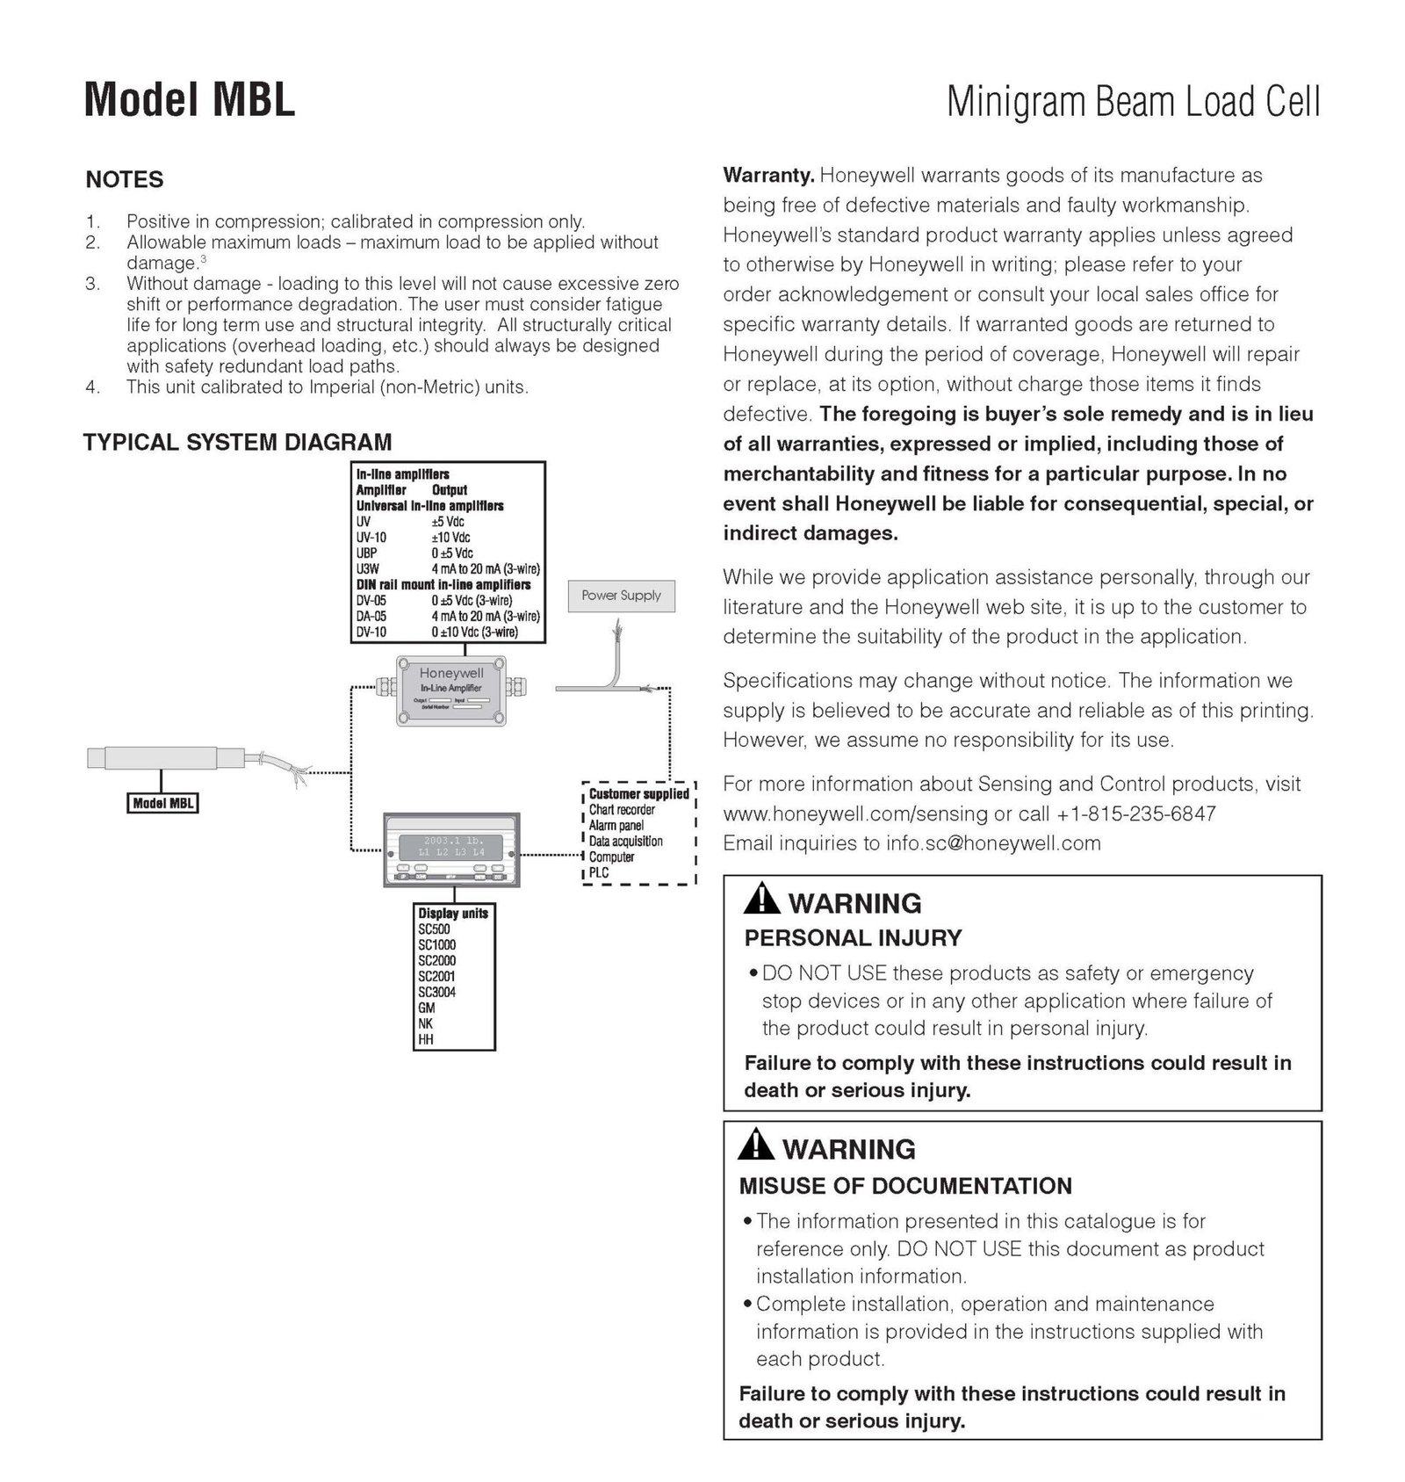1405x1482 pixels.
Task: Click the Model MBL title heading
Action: pos(190,99)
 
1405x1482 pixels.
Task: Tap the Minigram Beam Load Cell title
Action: pos(1133,102)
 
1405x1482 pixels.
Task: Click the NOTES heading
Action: pos(125,179)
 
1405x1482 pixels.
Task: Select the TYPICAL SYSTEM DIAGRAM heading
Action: pos(237,442)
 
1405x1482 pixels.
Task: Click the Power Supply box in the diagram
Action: pos(621,596)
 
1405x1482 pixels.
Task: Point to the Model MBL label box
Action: pos(162,803)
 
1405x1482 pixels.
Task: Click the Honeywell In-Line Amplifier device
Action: pos(451,690)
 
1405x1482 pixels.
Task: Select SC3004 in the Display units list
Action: pos(436,992)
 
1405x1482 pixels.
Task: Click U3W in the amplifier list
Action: pos(368,568)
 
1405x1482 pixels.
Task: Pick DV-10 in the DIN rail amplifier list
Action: pos(371,632)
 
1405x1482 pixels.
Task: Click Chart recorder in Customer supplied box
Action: pos(622,810)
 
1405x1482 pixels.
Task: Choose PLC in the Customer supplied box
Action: pos(599,872)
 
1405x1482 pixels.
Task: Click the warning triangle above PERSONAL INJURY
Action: pos(760,900)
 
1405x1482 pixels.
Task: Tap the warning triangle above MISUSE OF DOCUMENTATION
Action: pos(755,1146)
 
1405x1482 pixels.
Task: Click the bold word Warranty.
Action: pos(768,175)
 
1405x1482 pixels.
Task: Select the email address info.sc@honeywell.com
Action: pos(992,843)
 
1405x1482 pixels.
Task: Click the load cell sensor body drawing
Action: pos(162,756)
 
